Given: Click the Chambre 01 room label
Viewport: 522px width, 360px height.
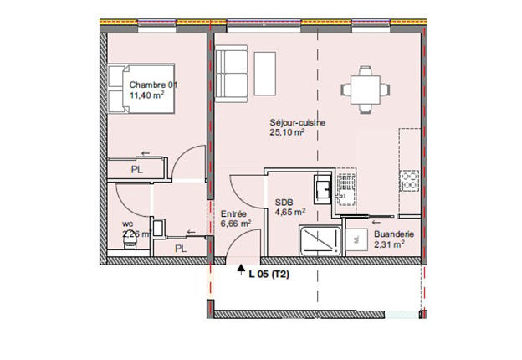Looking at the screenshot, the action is click(153, 85).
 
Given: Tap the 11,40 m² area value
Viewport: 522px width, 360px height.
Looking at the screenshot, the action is click(147, 95).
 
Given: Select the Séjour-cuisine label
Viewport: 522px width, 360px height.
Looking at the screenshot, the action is click(298, 122).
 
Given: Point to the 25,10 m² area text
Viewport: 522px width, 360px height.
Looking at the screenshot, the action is click(287, 132).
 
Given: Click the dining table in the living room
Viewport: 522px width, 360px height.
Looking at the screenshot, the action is click(366, 90).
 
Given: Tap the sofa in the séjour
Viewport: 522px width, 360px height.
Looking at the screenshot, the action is click(232, 76).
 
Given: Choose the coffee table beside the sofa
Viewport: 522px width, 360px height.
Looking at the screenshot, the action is click(265, 74).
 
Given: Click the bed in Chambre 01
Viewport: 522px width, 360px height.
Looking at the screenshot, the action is click(141, 88).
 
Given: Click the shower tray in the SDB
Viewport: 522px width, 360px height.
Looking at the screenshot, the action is click(320, 240).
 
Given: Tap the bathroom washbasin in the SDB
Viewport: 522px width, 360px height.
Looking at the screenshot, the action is click(322, 189).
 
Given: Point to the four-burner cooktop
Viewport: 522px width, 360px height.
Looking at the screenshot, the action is click(409, 181).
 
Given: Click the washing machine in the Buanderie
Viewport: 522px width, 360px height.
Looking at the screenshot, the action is click(356, 239).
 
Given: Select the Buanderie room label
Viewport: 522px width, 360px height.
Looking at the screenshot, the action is click(394, 234).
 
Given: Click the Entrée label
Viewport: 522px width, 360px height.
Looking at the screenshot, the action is click(233, 214).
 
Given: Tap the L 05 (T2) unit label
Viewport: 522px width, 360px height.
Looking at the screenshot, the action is click(269, 275).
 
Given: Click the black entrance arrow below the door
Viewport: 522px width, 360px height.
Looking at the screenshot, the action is click(240, 269).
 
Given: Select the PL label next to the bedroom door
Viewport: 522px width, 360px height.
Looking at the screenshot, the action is click(137, 170).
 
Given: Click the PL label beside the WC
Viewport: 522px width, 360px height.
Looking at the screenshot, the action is click(181, 249).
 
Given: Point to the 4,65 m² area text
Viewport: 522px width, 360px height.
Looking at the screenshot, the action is click(290, 212).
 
